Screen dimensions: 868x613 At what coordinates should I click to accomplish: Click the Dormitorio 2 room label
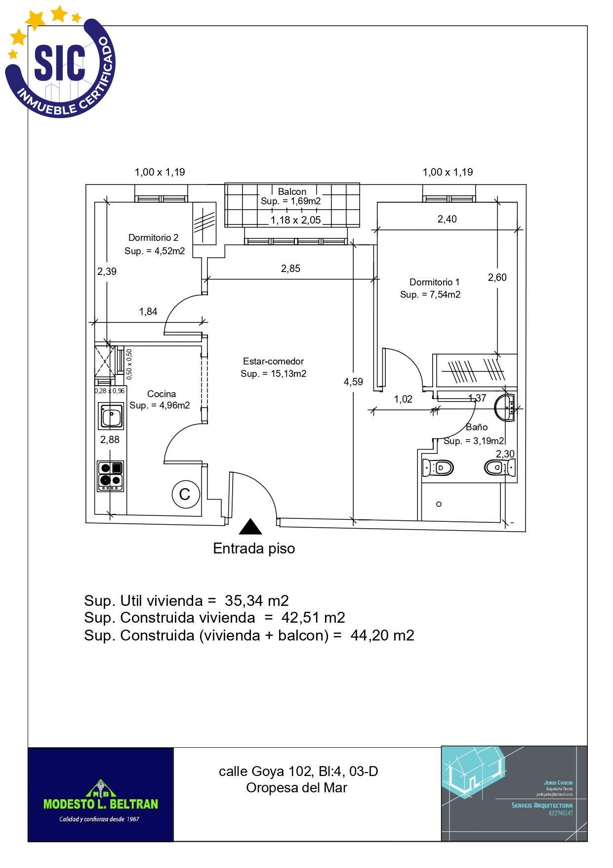(x=153, y=238)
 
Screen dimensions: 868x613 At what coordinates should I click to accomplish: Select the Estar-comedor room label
(x=273, y=362)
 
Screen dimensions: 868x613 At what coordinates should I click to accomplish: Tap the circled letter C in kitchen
(x=185, y=494)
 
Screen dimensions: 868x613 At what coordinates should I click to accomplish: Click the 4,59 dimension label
(x=353, y=382)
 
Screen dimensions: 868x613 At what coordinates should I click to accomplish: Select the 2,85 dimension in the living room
(x=290, y=269)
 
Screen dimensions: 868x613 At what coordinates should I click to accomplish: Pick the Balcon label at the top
(x=292, y=191)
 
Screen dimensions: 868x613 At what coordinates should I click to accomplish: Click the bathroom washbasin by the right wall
(x=505, y=408)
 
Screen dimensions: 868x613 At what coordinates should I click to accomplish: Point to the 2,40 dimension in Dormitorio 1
(x=447, y=219)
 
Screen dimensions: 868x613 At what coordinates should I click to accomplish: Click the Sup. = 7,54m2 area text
(x=430, y=295)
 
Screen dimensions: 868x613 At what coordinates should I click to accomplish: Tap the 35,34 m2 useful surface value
(x=256, y=600)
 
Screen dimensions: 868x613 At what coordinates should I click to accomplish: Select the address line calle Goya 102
(x=298, y=771)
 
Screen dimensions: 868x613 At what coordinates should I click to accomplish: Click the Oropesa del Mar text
(x=296, y=787)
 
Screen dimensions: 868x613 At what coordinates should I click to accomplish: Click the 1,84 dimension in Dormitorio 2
(x=148, y=312)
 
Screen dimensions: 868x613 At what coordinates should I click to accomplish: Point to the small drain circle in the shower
(x=439, y=504)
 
